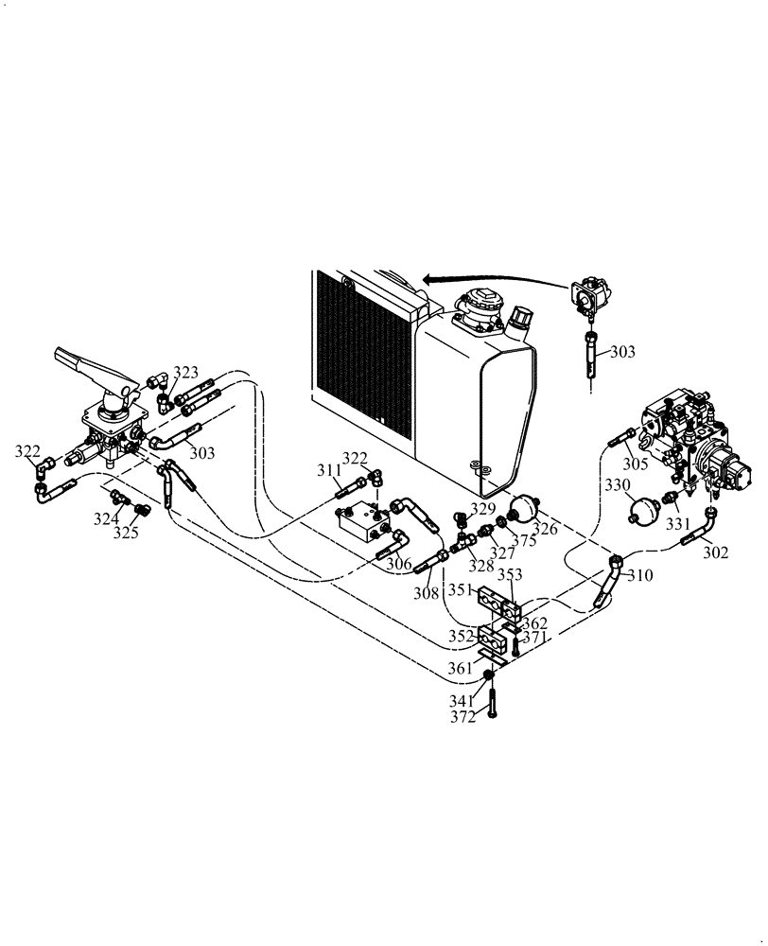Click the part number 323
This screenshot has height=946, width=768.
click(x=185, y=373)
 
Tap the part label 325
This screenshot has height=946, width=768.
click(x=126, y=533)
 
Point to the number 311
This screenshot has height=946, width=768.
click(x=328, y=469)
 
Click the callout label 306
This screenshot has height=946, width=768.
click(x=399, y=564)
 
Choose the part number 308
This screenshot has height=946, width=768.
click(x=426, y=594)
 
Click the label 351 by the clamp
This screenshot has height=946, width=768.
click(x=461, y=591)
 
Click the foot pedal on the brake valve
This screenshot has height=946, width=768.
click(x=85, y=365)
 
